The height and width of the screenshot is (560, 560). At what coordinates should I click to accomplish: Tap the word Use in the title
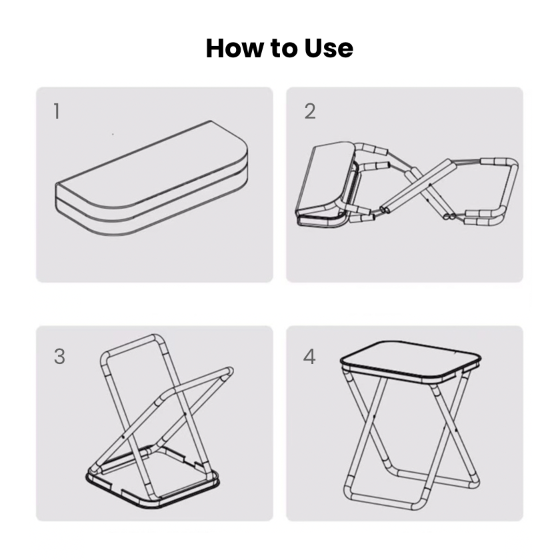point(329,48)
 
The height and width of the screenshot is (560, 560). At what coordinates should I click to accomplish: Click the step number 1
point(57,111)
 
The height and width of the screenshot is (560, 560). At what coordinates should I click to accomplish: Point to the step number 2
point(310,111)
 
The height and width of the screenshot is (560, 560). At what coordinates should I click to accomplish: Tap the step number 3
point(59,357)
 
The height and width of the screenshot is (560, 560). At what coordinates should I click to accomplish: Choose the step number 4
point(309,357)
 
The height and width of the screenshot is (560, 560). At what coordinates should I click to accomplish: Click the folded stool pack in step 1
point(151,179)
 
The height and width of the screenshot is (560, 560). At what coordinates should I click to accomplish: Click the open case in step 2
point(326,185)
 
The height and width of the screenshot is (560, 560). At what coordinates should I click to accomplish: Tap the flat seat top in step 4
point(411,361)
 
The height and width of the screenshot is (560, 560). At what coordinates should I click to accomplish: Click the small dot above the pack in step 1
point(113,134)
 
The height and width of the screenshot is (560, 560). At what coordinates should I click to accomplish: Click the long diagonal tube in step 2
point(419,185)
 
